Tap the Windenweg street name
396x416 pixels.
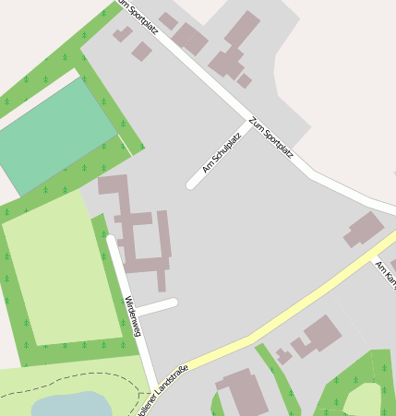click(x=132, y=316)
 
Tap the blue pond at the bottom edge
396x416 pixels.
click(x=70, y=404)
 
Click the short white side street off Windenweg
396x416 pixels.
click(x=157, y=307)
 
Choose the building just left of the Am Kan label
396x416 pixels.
click(x=364, y=229)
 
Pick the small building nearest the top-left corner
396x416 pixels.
click(x=123, y=34)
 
